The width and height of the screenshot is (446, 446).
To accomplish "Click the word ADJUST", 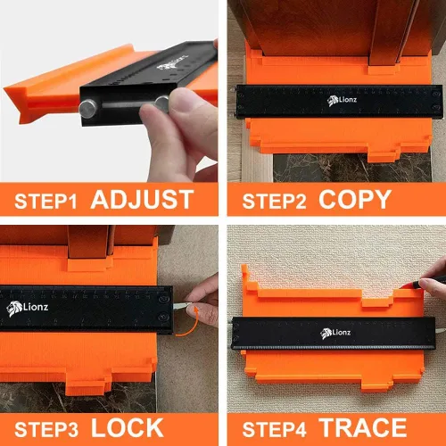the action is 142,200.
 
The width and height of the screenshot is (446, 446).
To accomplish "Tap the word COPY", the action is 355,200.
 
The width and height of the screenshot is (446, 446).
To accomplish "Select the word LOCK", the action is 128,428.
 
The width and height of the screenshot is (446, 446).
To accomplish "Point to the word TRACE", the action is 363,428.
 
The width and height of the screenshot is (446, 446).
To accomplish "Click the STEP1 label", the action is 45,202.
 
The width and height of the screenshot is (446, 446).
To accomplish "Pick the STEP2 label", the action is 274,202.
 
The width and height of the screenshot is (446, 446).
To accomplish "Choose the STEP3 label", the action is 46,430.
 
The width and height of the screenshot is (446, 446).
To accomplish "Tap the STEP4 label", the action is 274,430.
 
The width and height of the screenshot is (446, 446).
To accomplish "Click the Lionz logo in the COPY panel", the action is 342,101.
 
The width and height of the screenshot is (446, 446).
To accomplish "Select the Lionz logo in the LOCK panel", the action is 27,308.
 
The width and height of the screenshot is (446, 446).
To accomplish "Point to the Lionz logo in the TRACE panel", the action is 335,333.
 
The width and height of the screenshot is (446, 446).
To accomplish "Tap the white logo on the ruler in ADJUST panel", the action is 172,63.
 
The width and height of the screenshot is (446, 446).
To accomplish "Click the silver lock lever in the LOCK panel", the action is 181,306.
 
